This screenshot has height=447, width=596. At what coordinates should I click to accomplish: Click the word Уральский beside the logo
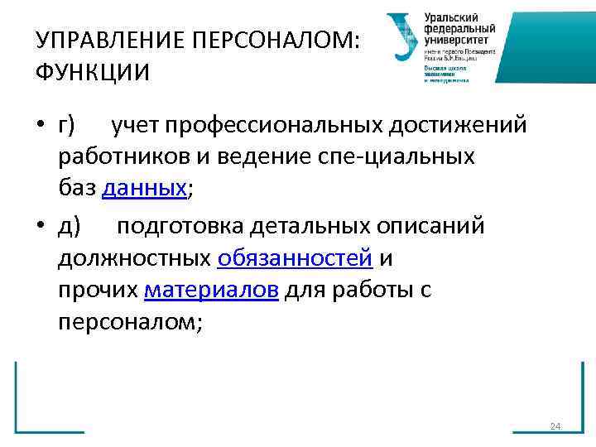[x=450, y=17]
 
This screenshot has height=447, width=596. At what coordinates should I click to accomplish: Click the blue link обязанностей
[x=294, y=259]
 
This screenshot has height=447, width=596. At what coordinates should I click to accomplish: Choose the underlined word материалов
[x=211, y=291]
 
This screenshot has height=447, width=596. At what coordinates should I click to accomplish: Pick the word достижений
[x=447, y=125]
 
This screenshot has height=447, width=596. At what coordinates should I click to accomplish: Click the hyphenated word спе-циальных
[x=405, y=156]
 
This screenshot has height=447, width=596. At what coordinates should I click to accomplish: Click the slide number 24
[x=555, y=426]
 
